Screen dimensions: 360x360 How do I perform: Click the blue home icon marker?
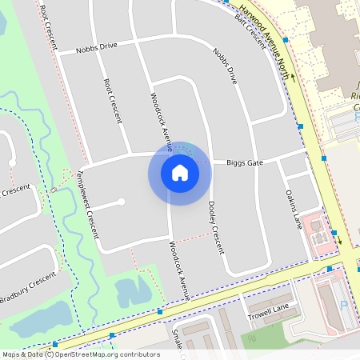click(179, 172)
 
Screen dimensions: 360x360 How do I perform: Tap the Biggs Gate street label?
click(244, 162)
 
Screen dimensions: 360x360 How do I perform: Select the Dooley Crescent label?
click(214, 228)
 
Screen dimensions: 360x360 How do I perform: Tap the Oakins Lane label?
click(292, 208)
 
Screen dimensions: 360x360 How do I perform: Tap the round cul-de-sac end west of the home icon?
click(122, 202)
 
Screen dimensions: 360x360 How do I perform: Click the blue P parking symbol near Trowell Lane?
click(344, 305)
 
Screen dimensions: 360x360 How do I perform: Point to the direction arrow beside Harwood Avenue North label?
click(293, 78)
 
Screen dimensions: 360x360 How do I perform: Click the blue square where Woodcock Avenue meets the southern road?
click(160, 310)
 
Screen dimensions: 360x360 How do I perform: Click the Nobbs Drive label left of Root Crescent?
click(96, 46)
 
